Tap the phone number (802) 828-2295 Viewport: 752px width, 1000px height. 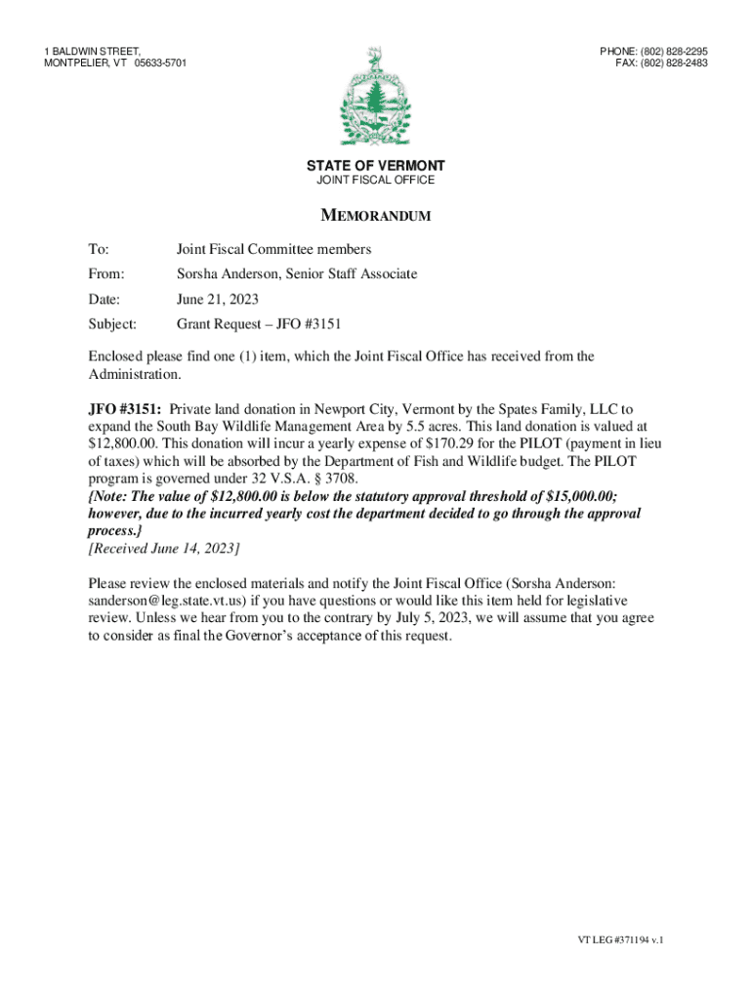pos(669,51)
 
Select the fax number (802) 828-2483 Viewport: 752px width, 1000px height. pos(669,63)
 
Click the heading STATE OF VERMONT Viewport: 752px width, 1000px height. pos(376,166)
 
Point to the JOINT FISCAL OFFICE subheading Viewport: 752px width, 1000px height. pos(376,181)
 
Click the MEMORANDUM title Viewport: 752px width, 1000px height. pos(376,216)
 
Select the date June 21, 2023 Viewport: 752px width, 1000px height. pos(217,299)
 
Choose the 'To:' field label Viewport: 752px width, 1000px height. pos(99,250)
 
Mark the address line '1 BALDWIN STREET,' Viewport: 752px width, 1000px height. pos(93,51)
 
